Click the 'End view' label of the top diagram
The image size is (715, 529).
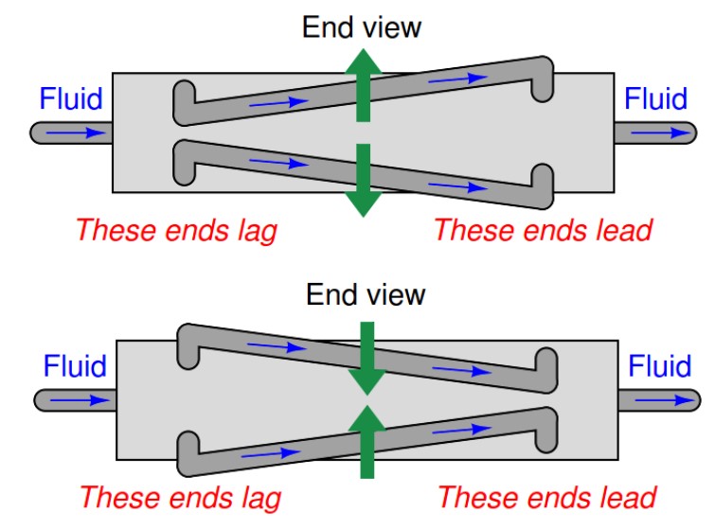click(362, 26)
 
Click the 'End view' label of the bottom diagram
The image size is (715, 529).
click(366, 295)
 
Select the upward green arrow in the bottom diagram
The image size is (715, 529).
click(366, 441)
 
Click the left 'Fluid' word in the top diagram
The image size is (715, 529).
click(70, 98)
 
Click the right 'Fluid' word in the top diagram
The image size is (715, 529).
click(655, 98)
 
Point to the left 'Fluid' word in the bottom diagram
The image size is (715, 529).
click(75, 366)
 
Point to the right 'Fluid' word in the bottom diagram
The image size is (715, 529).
click(660, 366)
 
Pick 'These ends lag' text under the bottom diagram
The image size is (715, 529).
click(180, 497)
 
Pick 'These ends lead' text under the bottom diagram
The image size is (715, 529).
click(547, 497)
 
